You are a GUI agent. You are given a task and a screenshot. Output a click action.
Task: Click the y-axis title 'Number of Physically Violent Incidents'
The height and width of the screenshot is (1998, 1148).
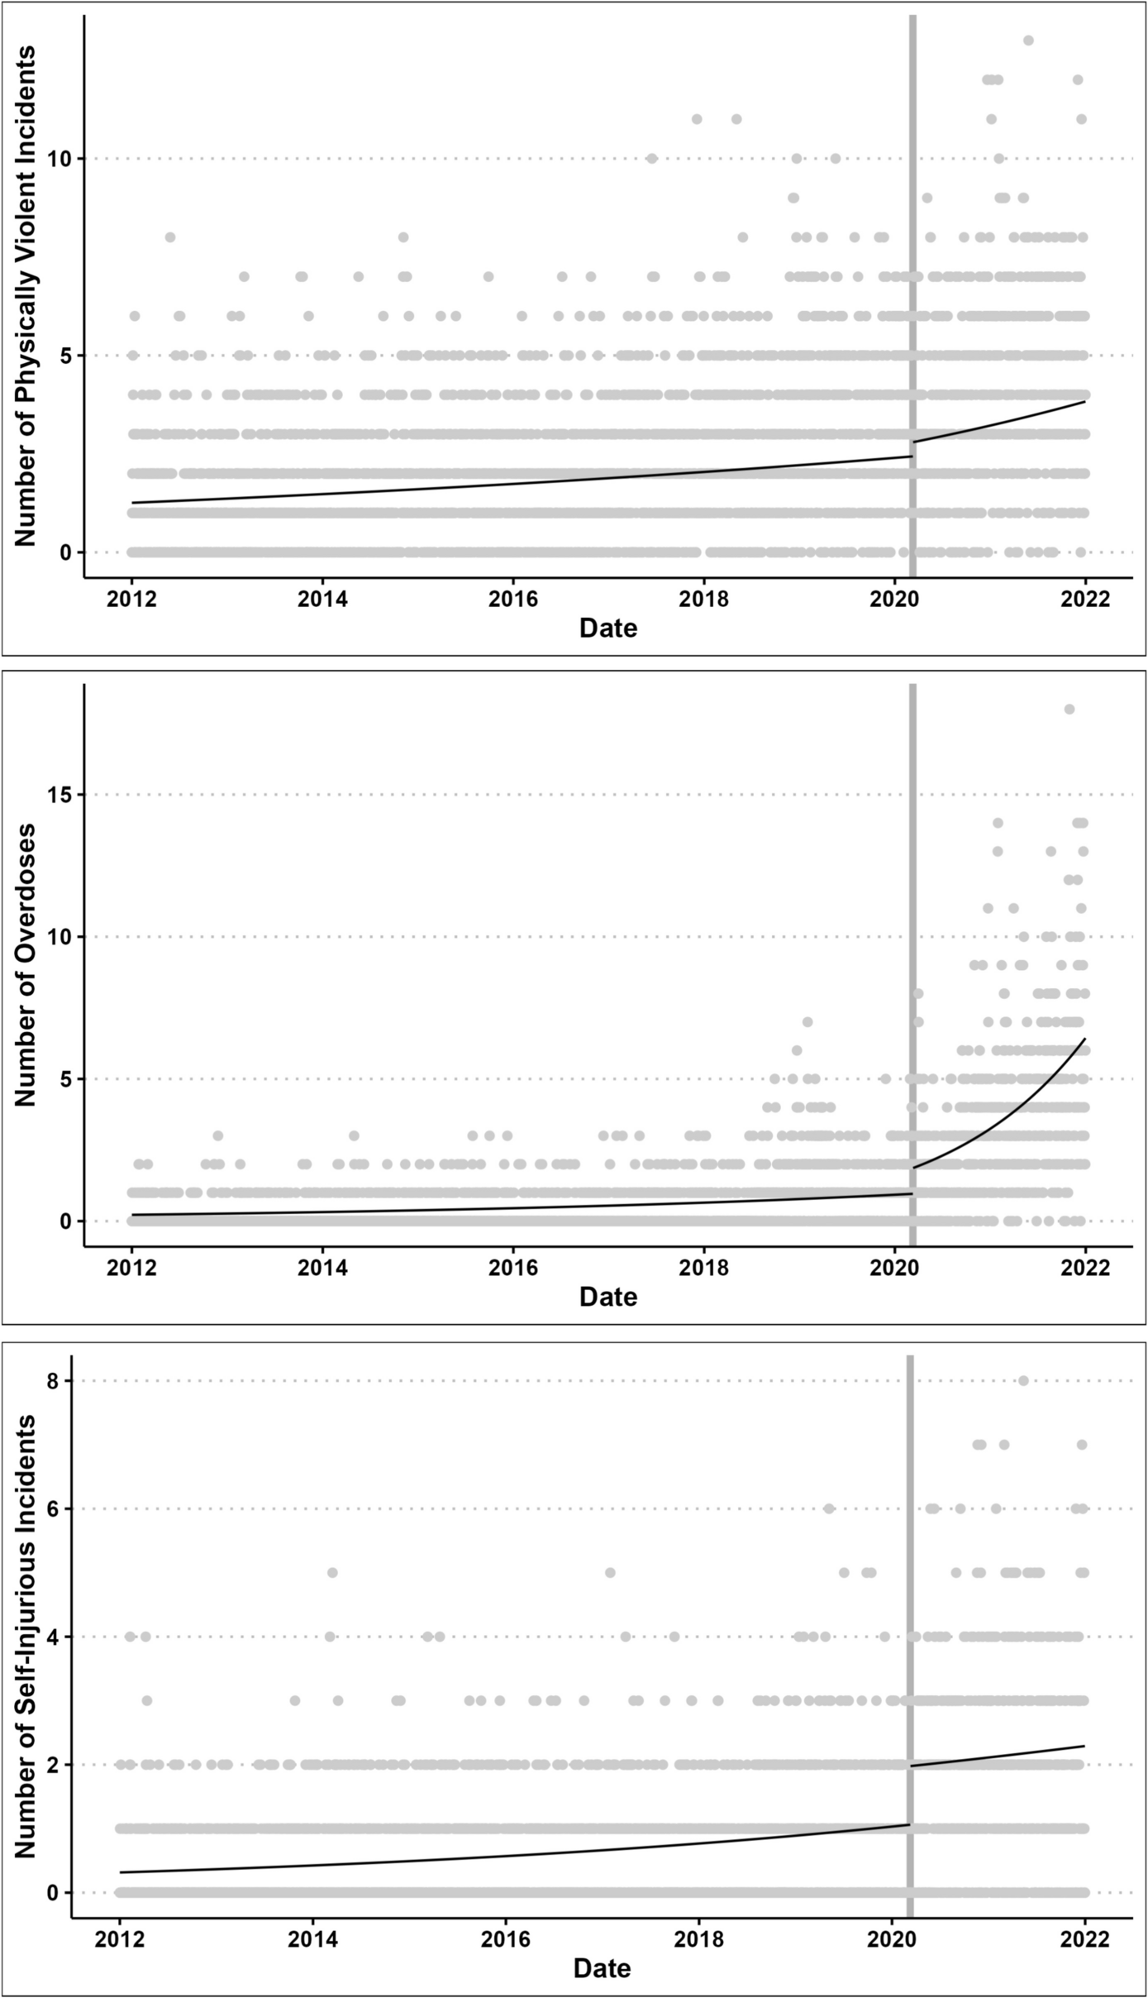[x=25, y=296]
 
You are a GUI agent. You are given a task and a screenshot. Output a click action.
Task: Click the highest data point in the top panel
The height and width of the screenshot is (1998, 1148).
[x=1028, y=41]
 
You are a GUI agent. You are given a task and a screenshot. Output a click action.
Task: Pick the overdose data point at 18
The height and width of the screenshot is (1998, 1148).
[x=1069, y=709]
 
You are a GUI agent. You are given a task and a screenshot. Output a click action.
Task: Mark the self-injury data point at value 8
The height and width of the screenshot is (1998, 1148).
[x=1023, y=1380]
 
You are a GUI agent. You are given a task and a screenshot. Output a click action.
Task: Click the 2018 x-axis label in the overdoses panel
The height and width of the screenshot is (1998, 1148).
[x=703, y=1268]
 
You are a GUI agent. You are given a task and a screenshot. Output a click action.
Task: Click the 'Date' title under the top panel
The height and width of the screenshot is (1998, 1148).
[x=608, y=629]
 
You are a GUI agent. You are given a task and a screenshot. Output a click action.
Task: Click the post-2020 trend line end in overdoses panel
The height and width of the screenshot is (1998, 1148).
[x=1084, y=1040]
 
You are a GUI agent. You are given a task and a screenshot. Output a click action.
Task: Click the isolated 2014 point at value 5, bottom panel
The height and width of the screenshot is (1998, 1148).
[x=332, y=1572]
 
